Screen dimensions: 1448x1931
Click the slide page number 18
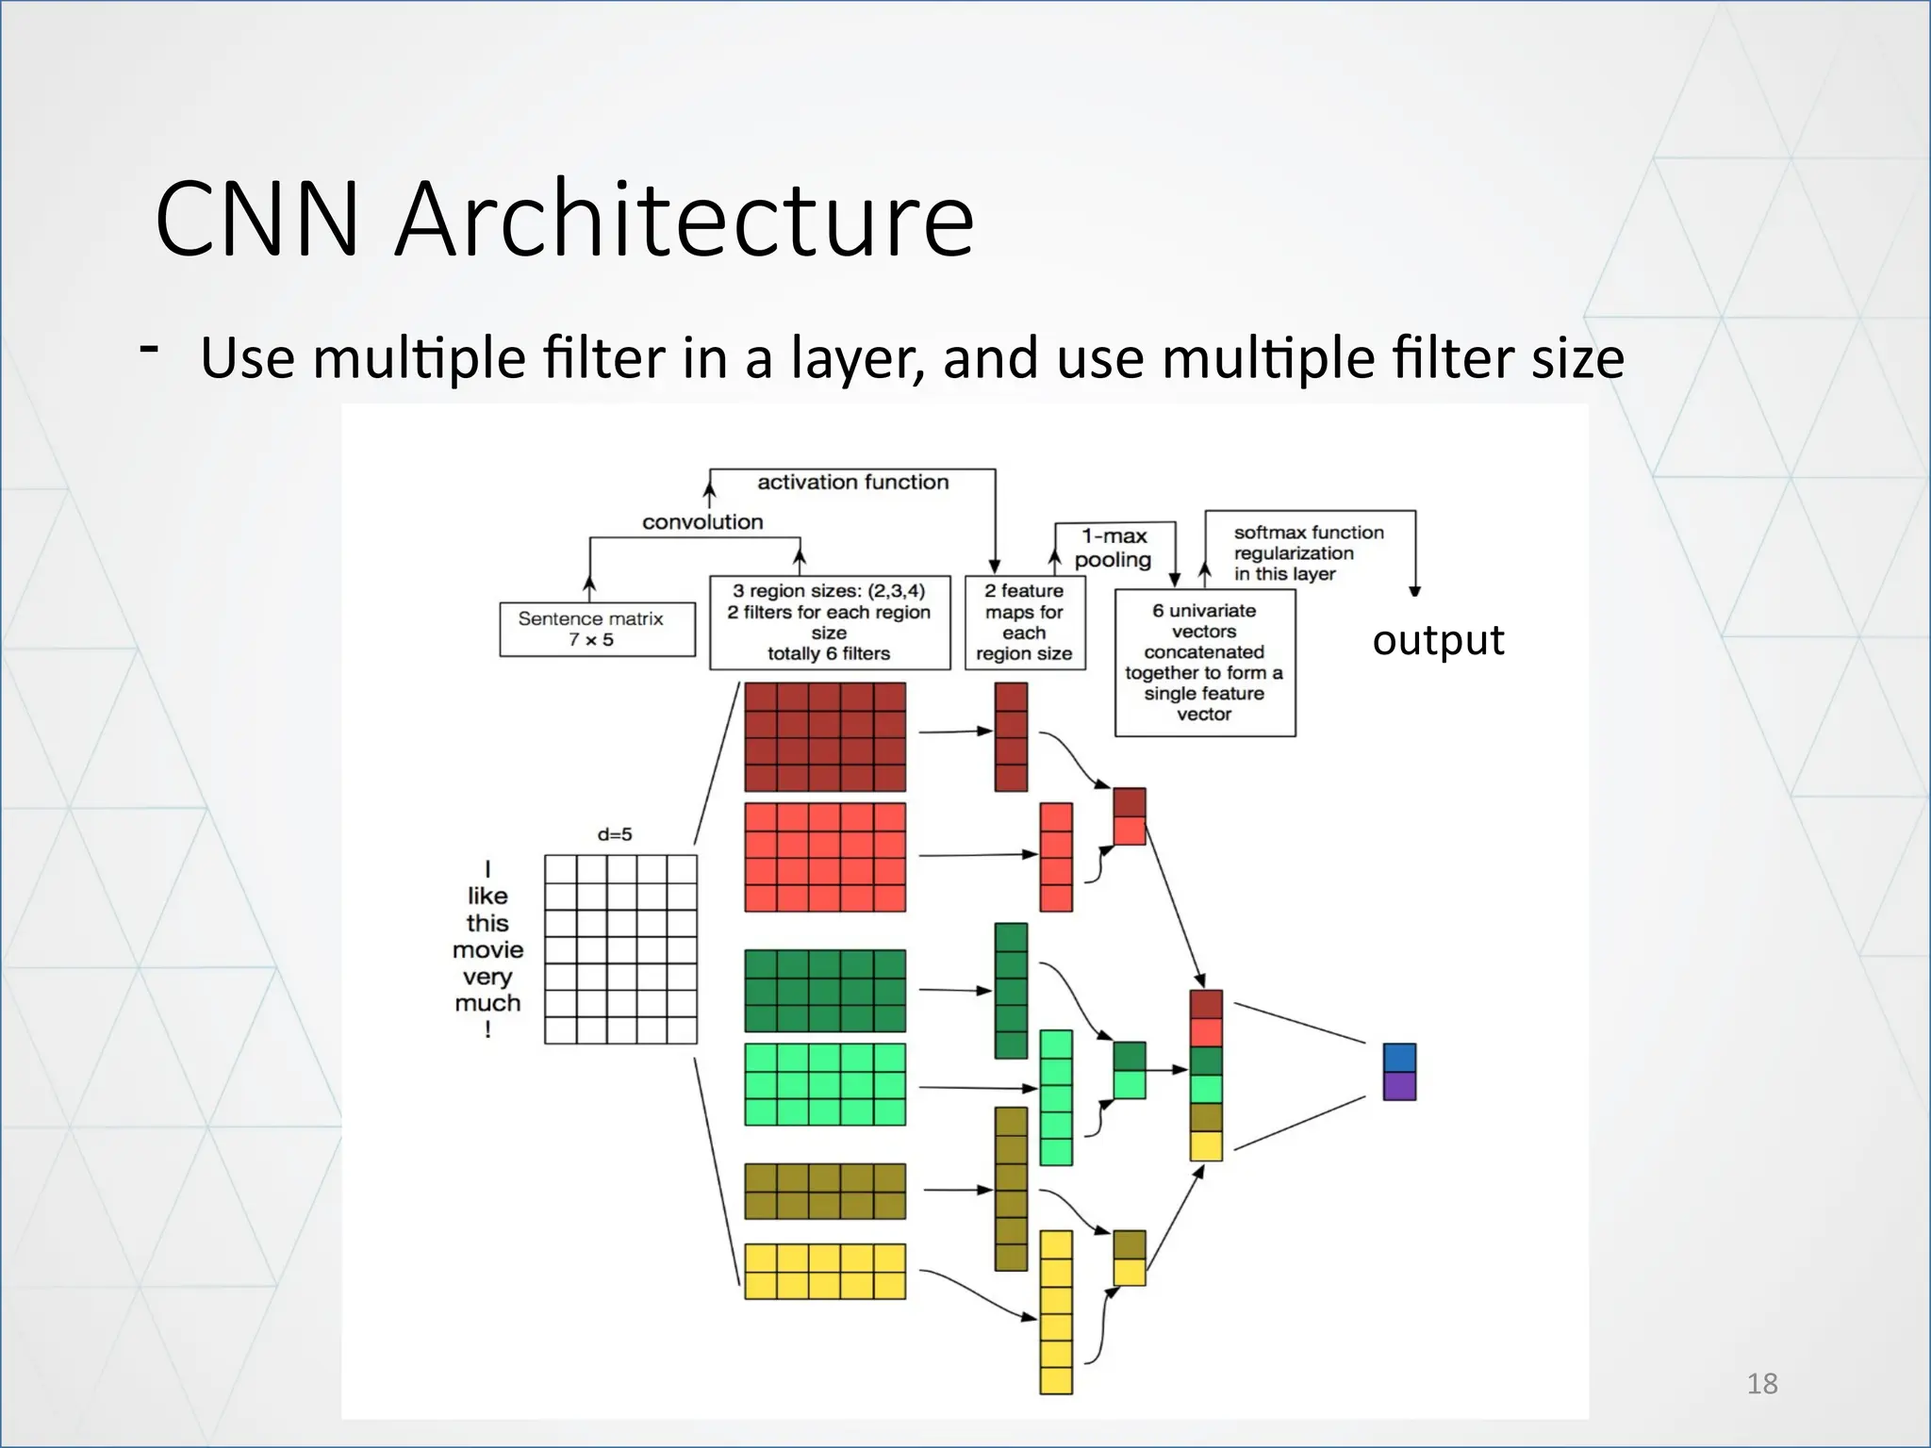1761,1384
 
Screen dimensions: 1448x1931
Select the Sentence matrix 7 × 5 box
596,630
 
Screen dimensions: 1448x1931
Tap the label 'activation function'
852,483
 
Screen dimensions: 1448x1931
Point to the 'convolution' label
702,522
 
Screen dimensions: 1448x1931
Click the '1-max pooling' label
1114,548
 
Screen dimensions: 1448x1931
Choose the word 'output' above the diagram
1438,640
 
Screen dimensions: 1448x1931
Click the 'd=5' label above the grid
615,834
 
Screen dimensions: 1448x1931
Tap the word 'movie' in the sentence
487,949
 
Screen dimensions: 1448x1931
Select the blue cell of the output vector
1399,1057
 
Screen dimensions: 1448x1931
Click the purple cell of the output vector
1399,1086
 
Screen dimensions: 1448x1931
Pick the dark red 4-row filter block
825,737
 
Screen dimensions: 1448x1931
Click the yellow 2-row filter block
825,1271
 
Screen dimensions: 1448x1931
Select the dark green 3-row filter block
825,991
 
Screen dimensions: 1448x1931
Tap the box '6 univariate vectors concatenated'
1204,663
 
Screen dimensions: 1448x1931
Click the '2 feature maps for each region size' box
1024,622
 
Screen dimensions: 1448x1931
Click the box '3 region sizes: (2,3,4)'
829,622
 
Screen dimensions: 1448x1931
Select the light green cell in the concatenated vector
1206,1089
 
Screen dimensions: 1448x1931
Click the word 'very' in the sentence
487,977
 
